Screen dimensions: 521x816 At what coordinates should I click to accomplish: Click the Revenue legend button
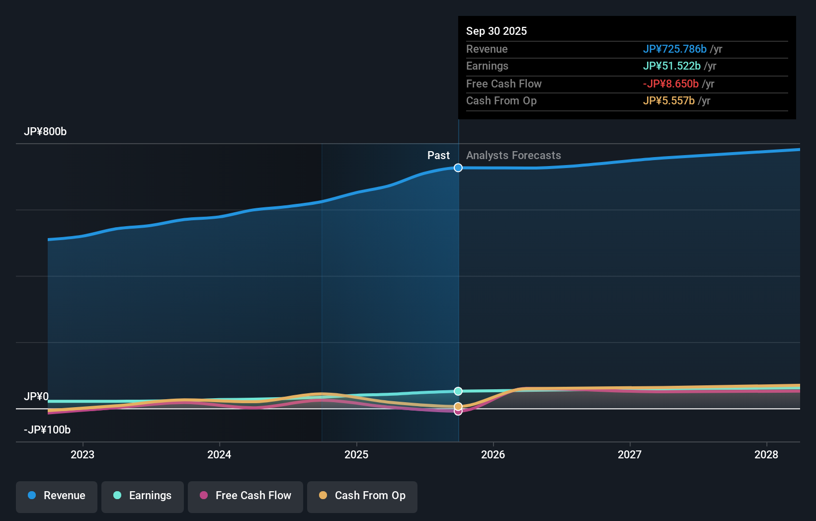(x=57, y=496)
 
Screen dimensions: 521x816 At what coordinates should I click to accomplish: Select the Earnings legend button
(x=143, y=496)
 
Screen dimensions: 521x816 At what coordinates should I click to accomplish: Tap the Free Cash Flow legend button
(x=245, y=496)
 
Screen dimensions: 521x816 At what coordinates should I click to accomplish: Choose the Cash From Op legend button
(x=362, y=496)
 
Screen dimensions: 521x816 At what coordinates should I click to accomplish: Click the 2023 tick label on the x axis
(x=82, y=454)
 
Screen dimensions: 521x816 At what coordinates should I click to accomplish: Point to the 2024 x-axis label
(x=219, y=454)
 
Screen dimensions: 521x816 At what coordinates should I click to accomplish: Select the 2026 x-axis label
(x=493, y=454)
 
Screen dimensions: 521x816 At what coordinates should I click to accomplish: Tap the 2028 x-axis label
(x=766, y=454)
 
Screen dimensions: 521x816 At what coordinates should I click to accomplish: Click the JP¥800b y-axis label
(x=45, y=132)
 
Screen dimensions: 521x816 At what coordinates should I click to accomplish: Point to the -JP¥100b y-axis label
(x=47, y=430)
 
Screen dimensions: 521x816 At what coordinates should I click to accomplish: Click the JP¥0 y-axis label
(x=36, y=397)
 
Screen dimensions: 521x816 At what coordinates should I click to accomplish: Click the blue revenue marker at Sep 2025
(x=458, y=168)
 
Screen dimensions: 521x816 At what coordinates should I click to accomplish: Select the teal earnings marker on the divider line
(x=458, y=391)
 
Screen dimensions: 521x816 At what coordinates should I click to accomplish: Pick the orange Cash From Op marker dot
(x=458, y=406)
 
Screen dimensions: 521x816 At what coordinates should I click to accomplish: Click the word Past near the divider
(x=438, y=156)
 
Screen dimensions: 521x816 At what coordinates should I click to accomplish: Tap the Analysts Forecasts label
(x=513, y=156)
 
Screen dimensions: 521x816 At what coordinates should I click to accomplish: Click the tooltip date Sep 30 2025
(x=496, y=31)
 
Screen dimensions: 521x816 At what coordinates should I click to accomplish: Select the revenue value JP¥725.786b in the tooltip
(x=674, y=49)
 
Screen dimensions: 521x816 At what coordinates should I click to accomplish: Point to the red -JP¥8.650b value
(x=671, y=84)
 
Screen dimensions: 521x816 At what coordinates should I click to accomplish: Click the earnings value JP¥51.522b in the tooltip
(x=671, y=66)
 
